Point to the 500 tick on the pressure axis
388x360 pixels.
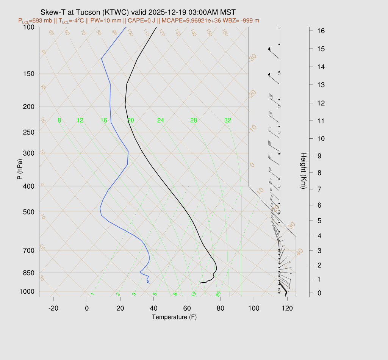click(x=29, y=212)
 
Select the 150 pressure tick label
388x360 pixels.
click(x=29, y=74)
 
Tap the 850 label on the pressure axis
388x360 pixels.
click(x=29, y=273)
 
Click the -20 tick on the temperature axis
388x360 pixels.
click(x=53, y=308)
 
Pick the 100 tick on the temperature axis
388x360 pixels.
click(x=254, y=308)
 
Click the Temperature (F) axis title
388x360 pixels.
click(x=174, y=317)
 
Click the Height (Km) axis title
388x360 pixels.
click(x=303, y=171)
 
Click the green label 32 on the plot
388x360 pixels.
click(x=228, y=121)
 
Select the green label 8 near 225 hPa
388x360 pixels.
click(x=59, y=121)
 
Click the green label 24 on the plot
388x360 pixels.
click(x=161, y=121)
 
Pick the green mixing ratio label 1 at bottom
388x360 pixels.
click(x=92, y=294)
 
